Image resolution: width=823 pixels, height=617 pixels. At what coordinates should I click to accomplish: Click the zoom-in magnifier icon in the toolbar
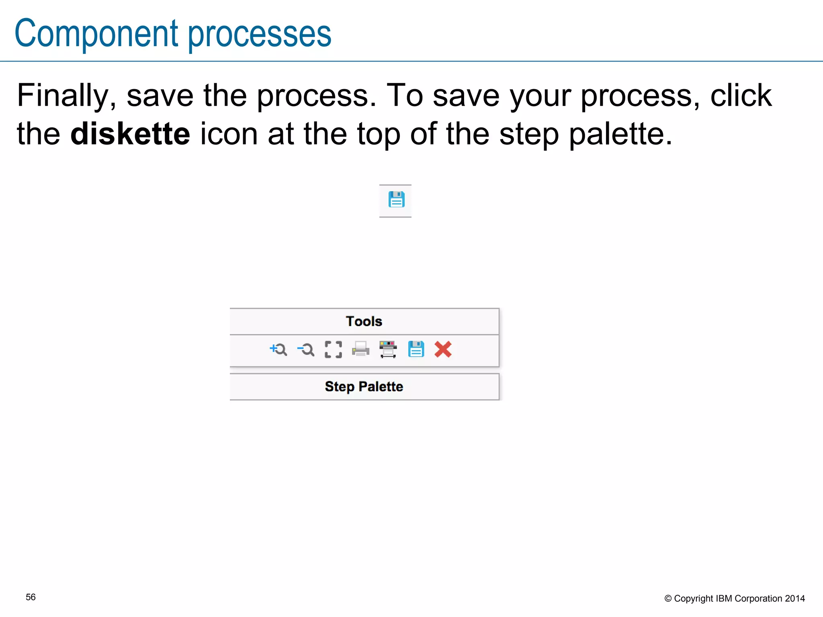coord(278,349)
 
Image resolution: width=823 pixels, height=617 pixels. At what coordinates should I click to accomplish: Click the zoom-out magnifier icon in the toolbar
coord(306,349)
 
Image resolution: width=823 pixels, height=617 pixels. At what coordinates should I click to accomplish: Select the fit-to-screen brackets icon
coord(333,349)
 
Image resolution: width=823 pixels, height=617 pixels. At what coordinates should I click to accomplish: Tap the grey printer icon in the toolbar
coord(360,349)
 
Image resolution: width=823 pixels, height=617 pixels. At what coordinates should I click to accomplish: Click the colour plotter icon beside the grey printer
coord(388,349)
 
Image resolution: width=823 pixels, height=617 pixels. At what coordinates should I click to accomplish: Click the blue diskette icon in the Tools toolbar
coord(416,349)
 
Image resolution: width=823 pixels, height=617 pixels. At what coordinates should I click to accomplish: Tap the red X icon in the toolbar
coord(443,349)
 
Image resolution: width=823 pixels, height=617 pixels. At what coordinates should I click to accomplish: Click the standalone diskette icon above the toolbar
coord(396,200)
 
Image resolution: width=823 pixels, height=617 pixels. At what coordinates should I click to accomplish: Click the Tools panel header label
coord(364,321)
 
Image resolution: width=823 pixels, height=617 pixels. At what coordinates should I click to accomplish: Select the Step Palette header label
coord(364,386)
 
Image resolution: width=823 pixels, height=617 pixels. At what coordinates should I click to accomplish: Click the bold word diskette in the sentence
coord(130,134)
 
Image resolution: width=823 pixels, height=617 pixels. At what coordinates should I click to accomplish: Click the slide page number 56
coord(31,597)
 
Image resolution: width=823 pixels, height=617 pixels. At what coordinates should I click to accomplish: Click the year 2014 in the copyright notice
coord(794,599)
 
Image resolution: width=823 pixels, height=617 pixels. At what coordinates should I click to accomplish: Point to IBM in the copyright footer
coord(724,599)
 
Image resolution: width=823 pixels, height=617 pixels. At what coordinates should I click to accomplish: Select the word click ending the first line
coord(741,96)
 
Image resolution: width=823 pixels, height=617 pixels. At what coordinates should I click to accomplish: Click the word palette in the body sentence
coord(620,134)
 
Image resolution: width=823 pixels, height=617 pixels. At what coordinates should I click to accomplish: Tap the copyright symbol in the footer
coord(668,599)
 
